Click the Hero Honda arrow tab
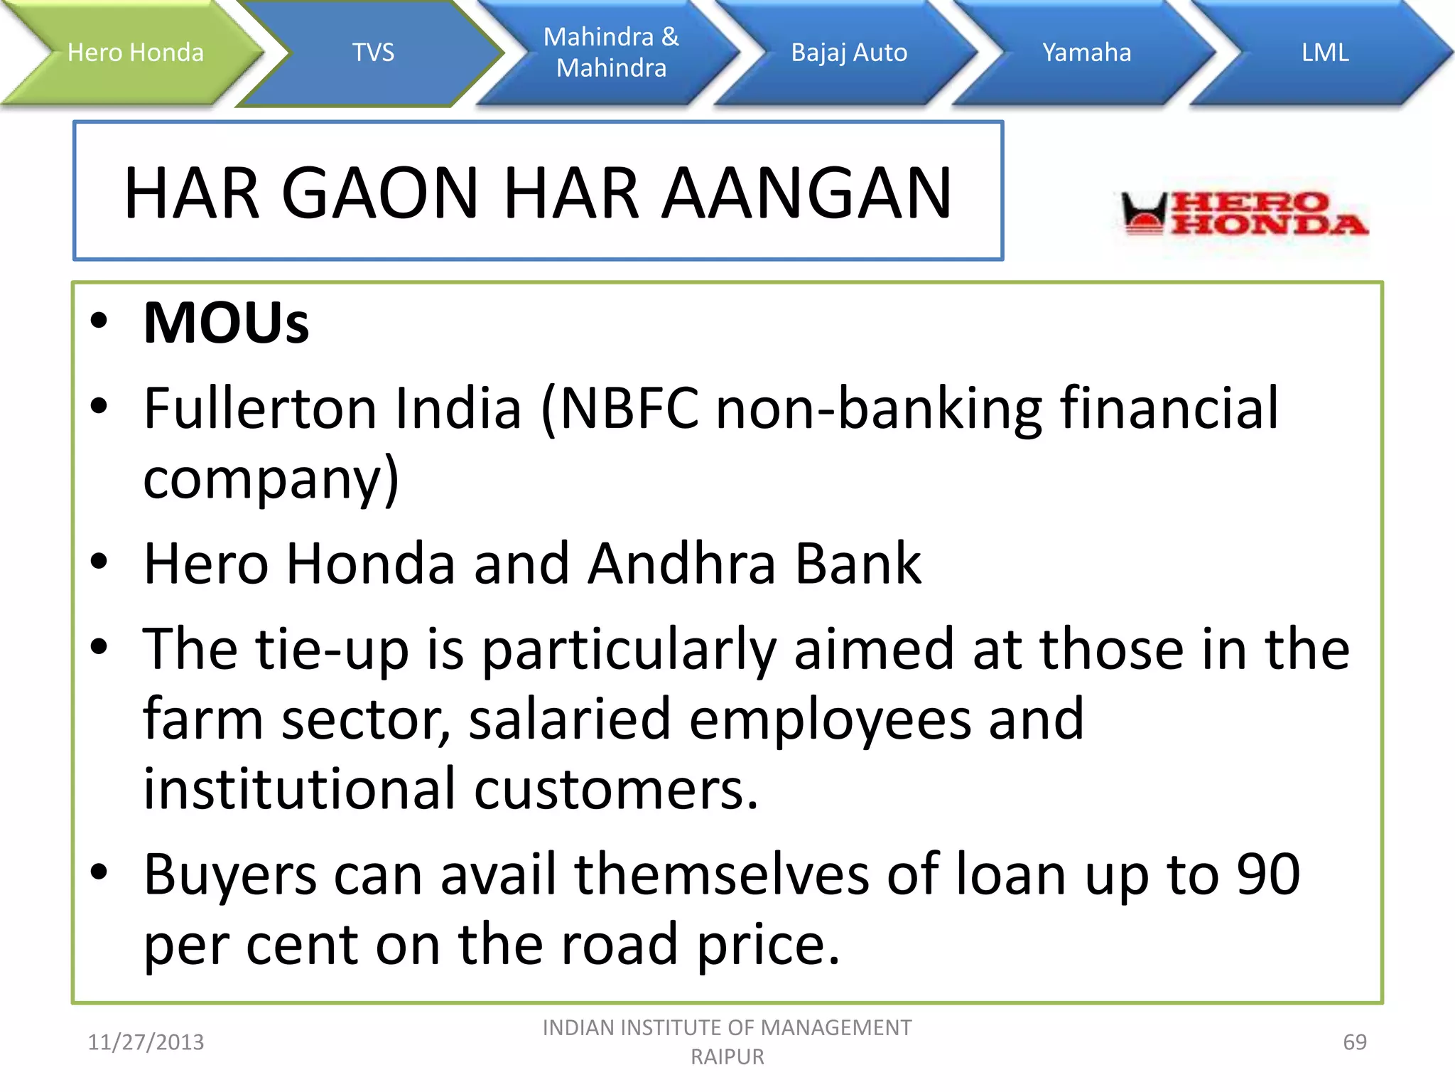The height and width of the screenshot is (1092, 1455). (x=135, y=53)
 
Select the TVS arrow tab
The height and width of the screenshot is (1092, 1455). (x=373, y=53)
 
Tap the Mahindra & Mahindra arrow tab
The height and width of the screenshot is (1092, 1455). (x=611, y=53)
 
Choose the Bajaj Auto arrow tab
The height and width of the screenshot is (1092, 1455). (x=849, y=53)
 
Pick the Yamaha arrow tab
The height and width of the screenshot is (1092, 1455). (x=1086, y=53)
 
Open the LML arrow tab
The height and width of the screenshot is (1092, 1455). (x=1324, y=53)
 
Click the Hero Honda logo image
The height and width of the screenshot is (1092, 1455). (x=1243, y=213)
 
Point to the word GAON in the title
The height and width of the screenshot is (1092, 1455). (x=380, y=193)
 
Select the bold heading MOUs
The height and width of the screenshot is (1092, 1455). (x=226, y=323)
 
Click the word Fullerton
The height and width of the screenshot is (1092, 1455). (x=260, y=409)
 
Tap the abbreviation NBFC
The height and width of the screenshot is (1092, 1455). (x=629, y=409)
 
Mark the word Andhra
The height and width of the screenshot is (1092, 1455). (x=682, y=564)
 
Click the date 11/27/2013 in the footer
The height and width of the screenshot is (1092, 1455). (x=146, y=1042)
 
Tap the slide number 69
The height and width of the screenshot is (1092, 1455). (x=1354, y=1042)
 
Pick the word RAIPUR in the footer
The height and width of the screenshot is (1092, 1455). (x=727, y=1057)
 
